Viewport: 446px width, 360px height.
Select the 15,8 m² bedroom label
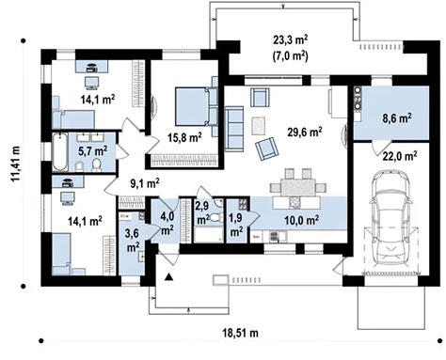tap(183, 137)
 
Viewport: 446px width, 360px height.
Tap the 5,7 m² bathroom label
tap(92, 149)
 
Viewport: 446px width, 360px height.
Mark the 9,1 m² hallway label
tap(143, 184)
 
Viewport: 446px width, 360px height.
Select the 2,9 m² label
tap(202, 211)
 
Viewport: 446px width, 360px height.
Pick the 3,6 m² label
tap(133, 240)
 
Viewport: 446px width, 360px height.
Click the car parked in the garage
tap(390, 218)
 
